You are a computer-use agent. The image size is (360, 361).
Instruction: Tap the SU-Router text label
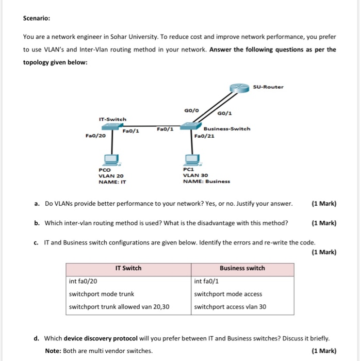pyautogui.click(x=268, y=87)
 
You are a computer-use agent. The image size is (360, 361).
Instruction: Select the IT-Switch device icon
pyautogui.click(x=111, y=126)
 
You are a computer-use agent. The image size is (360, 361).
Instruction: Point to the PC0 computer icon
pyautogui.click(x=110, y=159)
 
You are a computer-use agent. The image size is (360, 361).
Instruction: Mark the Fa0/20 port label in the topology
pyautogui.click(x=95, y=136)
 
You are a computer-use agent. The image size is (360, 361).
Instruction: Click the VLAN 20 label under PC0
pyautogui.click(x=111, y=175)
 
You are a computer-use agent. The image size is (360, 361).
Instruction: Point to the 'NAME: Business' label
pyautogui.click(x=207, y=181)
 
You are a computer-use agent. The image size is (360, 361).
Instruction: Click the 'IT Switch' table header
pyautogui.click(x=128, y=268)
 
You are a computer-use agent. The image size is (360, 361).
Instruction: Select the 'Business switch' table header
pyautogui.click(x=242, y=268)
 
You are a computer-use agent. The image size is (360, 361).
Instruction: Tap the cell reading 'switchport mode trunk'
pyautogui.click(x=102, y=294)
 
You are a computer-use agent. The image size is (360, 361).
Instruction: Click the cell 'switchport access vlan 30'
pyautogui.click(x=230, y=307)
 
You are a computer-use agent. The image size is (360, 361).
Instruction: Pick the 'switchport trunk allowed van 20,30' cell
pyautogui.click(x=120, y=307)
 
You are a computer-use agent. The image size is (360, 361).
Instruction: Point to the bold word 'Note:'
pyautogui.click(x=53, y=351)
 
